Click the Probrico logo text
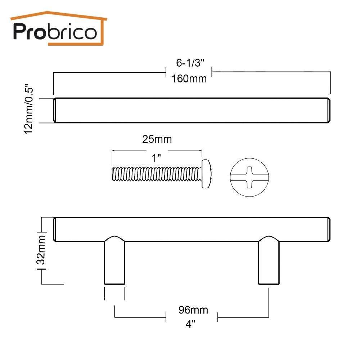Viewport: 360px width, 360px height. [x=55, y=32]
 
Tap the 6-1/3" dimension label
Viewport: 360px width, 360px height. [x=190, y=63]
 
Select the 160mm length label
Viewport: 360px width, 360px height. [x=189, y=79]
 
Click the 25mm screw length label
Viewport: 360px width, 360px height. [x=157, y=139]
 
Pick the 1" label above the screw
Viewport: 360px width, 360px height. [x=156, y=158]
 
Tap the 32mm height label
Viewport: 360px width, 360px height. [x=42, y=250]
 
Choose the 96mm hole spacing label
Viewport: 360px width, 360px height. [x=193, y=310]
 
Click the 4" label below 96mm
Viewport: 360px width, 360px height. [x=190, y=324]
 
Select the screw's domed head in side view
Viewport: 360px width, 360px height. [x=207, y=174]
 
